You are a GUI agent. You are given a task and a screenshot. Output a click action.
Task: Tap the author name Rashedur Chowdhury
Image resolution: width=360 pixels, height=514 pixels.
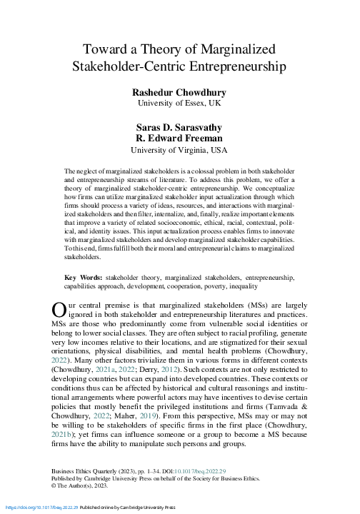point(179,93)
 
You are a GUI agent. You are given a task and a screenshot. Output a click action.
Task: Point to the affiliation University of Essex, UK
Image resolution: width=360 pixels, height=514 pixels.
point(179,104)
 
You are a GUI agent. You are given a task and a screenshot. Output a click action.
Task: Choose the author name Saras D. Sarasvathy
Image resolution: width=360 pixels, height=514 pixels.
point(179,126)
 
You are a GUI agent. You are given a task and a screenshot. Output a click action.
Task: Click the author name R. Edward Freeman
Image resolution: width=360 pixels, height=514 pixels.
point(179,138)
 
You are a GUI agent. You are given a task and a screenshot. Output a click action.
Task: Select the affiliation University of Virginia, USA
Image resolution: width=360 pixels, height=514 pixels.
point(179,150)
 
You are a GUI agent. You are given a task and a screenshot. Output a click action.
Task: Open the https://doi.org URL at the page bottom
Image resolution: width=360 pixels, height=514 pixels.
point(36,508)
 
